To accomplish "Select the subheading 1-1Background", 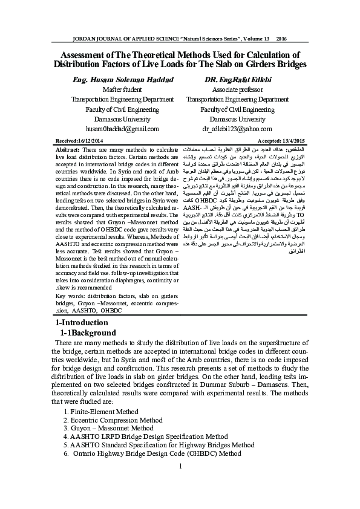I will [88, 333].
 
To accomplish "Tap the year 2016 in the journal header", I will [281, 39].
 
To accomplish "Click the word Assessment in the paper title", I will [77, 54].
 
